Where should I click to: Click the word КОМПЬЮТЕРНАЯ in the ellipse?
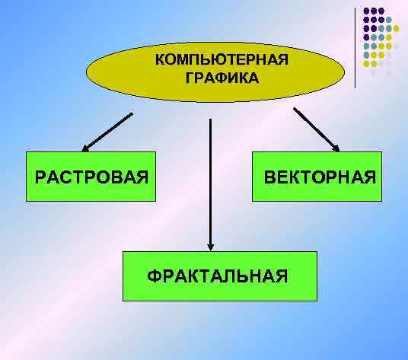[222, 60]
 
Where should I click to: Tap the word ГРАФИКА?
[222, 78]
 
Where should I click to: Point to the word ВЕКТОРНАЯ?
[320, 177]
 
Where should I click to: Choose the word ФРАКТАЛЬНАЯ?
[218, 275]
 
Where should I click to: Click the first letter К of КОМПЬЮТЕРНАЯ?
[159, 60]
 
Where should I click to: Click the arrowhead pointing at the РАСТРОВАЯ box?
[86, 148]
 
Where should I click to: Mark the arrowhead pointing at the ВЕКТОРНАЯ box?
[335, 146]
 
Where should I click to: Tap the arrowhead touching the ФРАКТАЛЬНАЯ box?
[211, 245]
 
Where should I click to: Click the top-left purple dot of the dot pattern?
[367, 11]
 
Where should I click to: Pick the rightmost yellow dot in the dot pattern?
[397, 45]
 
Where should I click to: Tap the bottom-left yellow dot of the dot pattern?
[367, 63]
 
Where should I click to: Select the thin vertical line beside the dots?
[355, 46]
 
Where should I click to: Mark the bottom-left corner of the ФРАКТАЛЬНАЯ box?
[123, 300]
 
